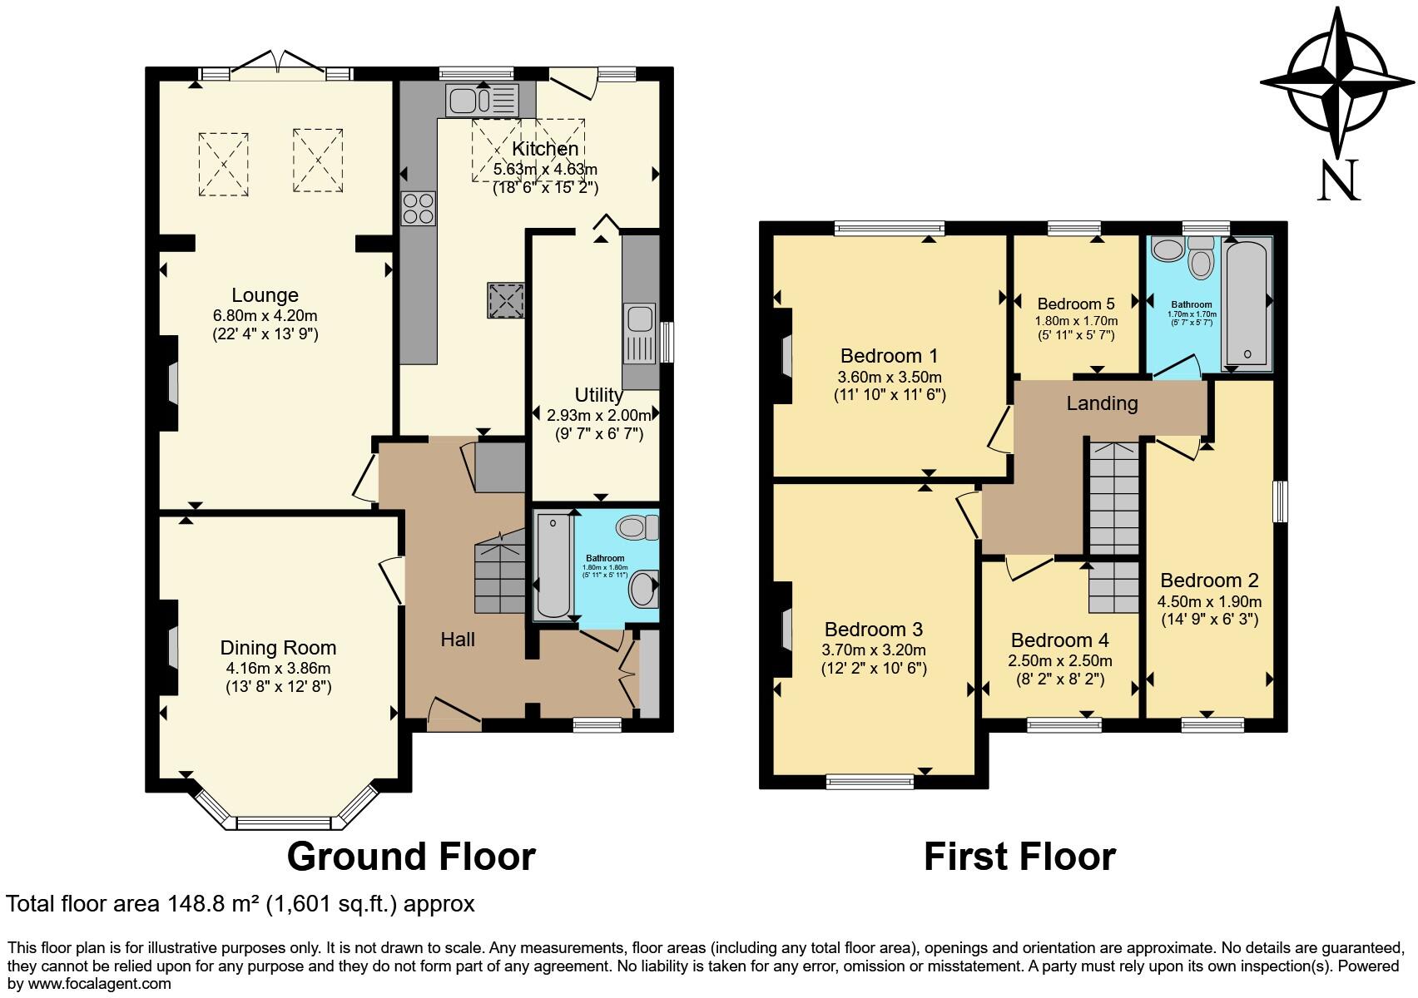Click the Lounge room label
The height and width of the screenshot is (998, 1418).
pyautogui.click(x=265, y=295)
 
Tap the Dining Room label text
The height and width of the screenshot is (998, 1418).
pyautogui.click(x=278, y=648)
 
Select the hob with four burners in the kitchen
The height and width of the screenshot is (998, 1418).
pyautogui.click(x=419, y=208)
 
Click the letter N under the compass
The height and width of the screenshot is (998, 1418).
pyautogui.click(x=1338, y=180)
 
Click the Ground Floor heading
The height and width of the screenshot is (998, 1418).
pyautogui.click(x=411, y=857)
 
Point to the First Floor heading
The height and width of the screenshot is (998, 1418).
pyautogui.click(x=1019, y=857)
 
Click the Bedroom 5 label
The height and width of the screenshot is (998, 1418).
pyautogui.click(x=1076, y=304)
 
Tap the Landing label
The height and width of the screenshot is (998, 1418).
pyautogui.click(x=1102, y=403)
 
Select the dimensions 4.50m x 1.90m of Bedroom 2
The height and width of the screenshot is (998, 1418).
pyautogui.click(x=1209, y=601)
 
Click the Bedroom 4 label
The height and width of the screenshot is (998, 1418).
pyautogui.click(x=1059, y=640)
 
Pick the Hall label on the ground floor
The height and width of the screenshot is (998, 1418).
pyautogui.click(x=458, y=639)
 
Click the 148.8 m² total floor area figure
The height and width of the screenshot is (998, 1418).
pyautogui.click(x=213, y=904)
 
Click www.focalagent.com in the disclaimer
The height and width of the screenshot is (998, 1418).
pyautogui.click(x=92, y=984)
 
